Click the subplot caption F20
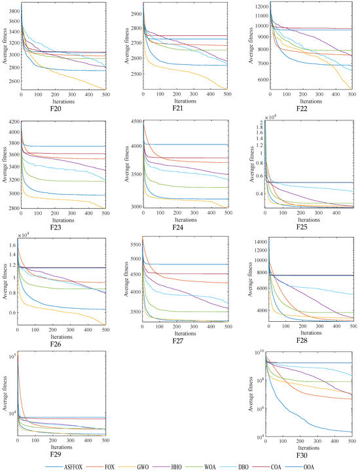coord(63,110)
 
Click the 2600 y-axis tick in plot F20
coord(12,81)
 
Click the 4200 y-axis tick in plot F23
coord(12,120)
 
